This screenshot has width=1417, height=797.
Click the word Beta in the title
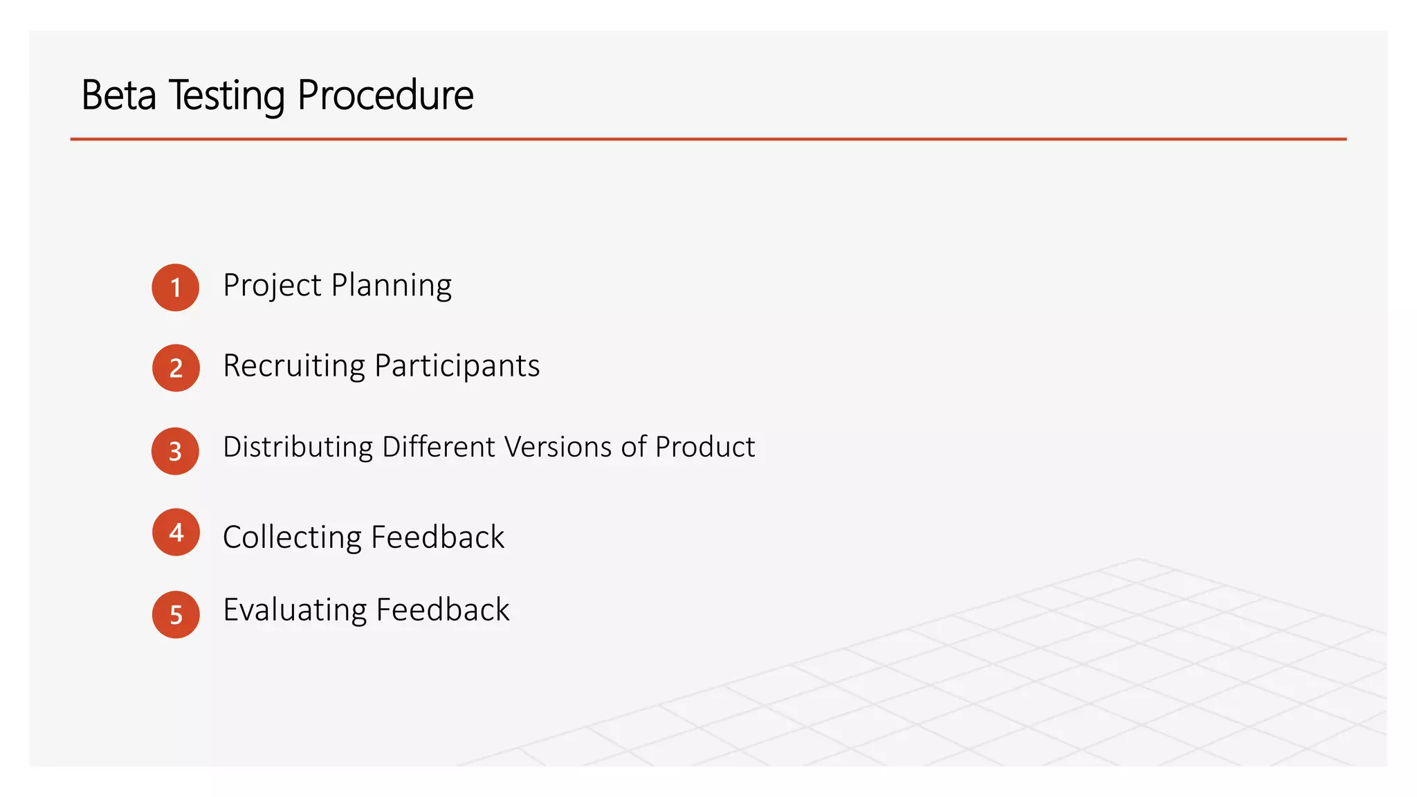pyautogui.click(x=118, y=95)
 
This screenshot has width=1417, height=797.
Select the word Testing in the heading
pyautogui.click(x=226, y=95)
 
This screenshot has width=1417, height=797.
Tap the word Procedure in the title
pyautogui.click(x=385, y=95)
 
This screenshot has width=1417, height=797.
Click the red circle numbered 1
pyautogui.click(x=176, y=287)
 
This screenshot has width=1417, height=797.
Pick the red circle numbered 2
pyautogui.click(x=176, y=368)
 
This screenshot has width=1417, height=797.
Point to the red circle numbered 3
pyautogui.click(x=176, y=451)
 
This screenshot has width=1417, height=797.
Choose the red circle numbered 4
pyautogui.click(x=176, y=532)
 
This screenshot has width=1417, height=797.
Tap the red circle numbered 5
pyautogui.click(x=176, y=614)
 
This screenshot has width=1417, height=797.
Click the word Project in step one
pyautogui.click(x=272, y=286)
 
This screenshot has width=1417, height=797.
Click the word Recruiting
pyautogui.click(x=293, y=366)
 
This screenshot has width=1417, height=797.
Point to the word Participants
pyautogui.click(x=457, y=366)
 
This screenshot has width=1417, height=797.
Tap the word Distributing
pyautogui.click(x=298, y=448)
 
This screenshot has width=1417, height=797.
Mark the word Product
pyautogui.click(x=705, y=447)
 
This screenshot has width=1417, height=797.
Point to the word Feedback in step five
pyautogui.click(x=443, y=610)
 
